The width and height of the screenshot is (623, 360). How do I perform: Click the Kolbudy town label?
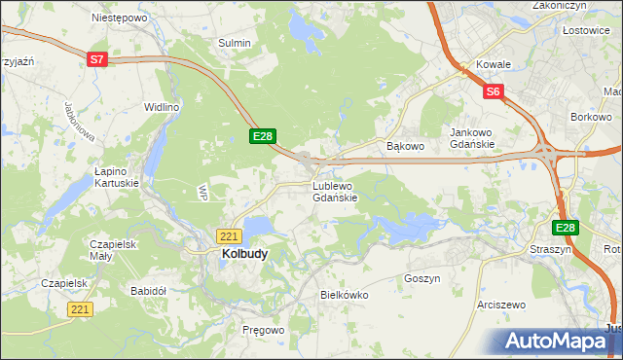pyautogui.click(x=238, y=254)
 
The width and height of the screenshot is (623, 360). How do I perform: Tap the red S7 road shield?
pyautogui.click(x=96, y=59)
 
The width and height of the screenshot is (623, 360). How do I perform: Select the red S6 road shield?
pyautogui.click(x=494, y=92)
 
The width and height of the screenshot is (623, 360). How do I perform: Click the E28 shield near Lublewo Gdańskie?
pyautogui.click(x=264, y=136)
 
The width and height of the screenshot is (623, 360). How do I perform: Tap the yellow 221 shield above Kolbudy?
pyautogui.click(x=229, y=236)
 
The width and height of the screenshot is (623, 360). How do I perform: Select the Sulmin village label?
pyautogui.click(x=235, y=43)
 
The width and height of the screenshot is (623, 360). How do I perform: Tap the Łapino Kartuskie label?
pyautogui.click(x=116, y=176)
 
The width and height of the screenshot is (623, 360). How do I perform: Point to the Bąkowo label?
pyautogui.click(x=406, y=147)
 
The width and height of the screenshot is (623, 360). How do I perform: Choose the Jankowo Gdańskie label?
pyautogui.click(x=473, y=138)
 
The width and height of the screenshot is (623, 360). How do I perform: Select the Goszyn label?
pyautogui.click(x=421, y=278)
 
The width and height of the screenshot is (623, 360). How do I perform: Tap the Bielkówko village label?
pyautogui.click(x=343, y=293)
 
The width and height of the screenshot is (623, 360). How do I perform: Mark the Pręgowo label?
pyautogui.click(x=263, y=331)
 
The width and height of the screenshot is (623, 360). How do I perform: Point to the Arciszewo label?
pyautogui.click(x=501, y=305)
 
